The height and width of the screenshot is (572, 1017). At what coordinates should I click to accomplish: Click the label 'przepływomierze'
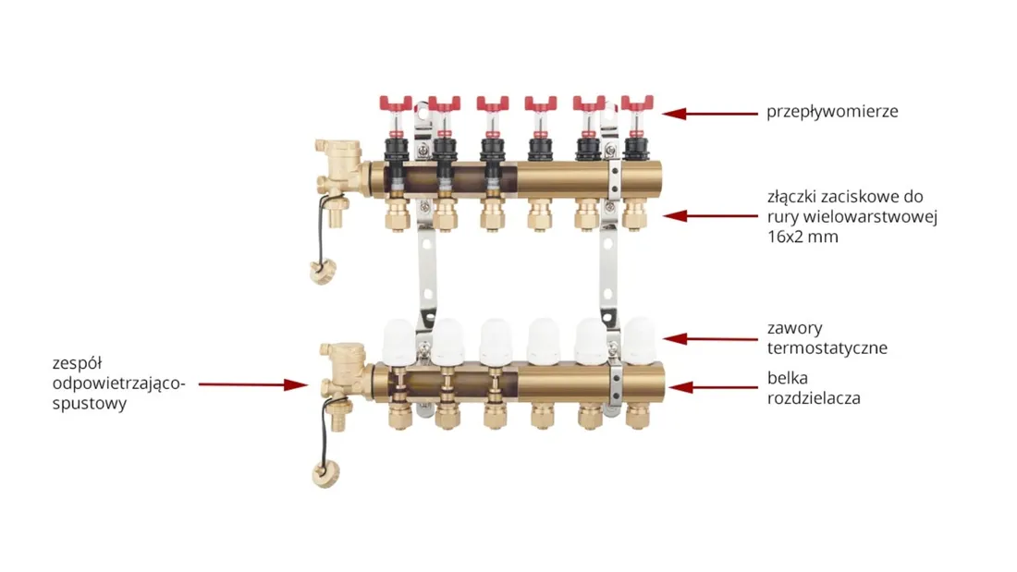click(x=832, y=112)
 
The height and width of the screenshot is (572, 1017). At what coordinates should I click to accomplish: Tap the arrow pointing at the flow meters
click(x=709, y=114)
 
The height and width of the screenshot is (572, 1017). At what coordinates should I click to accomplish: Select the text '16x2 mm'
click(x=803, y=237)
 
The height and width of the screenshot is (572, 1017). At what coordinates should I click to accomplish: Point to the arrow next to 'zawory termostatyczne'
click(x=709, y=338)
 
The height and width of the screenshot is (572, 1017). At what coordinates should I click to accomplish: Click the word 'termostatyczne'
click(x=827, y=348)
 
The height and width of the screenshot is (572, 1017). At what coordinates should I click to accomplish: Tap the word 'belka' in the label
click(x=788, y=377)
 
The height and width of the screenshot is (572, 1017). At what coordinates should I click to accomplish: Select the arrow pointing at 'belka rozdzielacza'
click(x=713, y=388)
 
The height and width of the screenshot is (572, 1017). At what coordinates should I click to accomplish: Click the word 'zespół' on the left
click(x=77, y=364)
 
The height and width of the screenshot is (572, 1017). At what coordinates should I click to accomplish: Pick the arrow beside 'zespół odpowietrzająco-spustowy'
click(x=253, y=384)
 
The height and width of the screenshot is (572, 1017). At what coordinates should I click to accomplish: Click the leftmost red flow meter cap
click(x=396, y=103)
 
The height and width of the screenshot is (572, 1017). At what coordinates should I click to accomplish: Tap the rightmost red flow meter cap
click(x=637, y=103)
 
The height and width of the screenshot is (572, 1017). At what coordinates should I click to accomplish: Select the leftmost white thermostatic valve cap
click(x=398, y=340)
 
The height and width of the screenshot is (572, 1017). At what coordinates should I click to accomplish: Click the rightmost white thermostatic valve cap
click(x=640, y=339)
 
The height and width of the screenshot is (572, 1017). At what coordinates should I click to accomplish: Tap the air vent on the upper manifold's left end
click(x=337, y=154)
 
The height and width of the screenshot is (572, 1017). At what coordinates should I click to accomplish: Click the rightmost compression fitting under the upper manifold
click(x=635, y=215)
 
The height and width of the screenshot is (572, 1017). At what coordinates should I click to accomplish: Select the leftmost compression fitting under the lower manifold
click(x=399, y=415)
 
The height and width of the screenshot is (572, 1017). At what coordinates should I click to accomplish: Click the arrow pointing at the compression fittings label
click(x=709, y=216)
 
